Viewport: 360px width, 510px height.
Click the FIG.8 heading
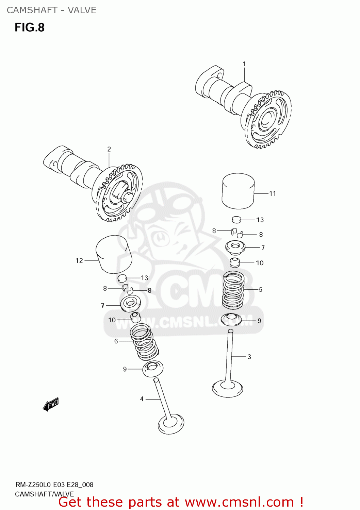pos(30,28)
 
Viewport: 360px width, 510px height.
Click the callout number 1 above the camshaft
pos(244,64)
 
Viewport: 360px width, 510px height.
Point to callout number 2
pos(109,149)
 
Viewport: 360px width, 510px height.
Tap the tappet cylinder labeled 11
pos(238,191)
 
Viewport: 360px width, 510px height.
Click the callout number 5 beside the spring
pos(261,290)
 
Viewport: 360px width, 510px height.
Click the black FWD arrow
pos(51,405)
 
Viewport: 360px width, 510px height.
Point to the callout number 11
pos(273,193)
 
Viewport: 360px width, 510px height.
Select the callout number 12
pos(79,260)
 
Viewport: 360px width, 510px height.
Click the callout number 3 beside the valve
pos(249,357)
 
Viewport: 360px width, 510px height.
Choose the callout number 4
pos(142,399)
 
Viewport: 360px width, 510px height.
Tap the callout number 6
pos(116,341)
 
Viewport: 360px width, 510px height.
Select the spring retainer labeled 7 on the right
pos(235,247)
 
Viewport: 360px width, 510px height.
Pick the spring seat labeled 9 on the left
pos(152,369)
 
